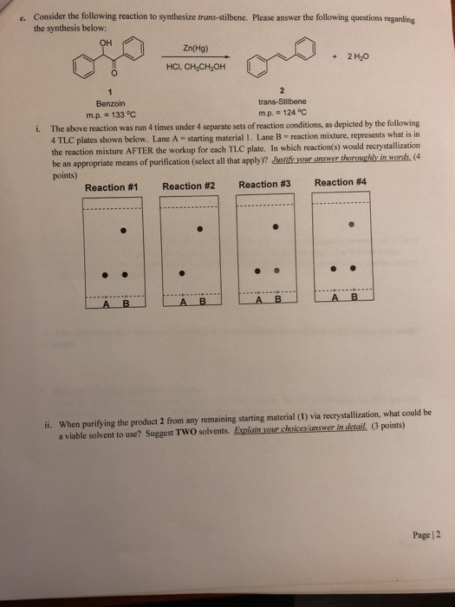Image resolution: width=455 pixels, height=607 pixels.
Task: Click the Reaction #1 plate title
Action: point(114,187)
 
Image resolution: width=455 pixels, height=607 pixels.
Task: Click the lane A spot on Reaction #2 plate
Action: point(181,273)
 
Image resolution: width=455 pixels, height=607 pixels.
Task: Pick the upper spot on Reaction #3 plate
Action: point(276,227)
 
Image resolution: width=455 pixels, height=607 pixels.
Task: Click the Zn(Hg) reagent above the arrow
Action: point(195,51)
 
